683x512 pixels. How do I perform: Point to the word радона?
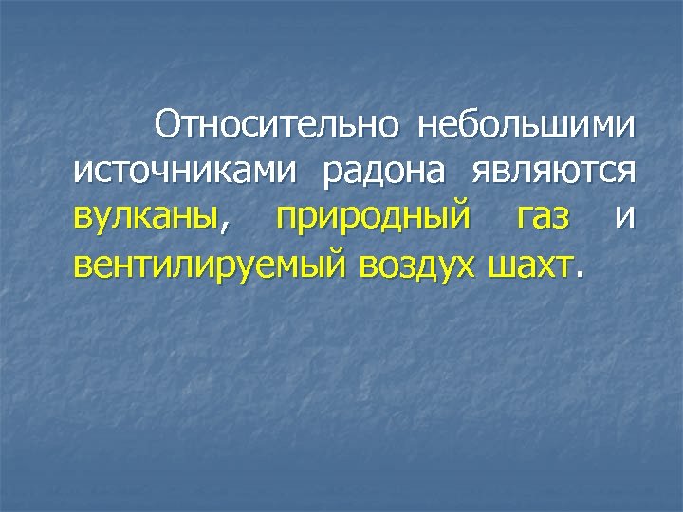point(385,172)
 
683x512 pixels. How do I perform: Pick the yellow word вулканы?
point(144,218)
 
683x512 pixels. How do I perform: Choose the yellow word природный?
point(372,220)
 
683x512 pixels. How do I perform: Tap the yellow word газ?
point(544,218)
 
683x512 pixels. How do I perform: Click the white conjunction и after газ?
point(623,218)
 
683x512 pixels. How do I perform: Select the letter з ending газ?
point(563,219)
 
